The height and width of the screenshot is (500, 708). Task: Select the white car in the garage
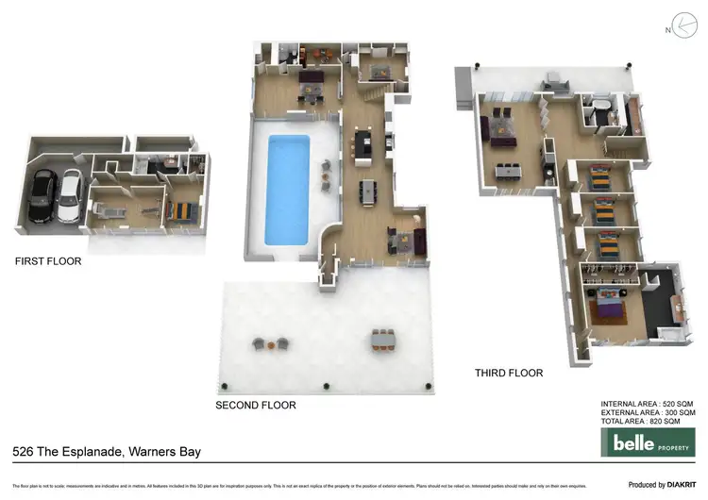click(69, 196)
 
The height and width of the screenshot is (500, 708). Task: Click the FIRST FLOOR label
click(47, 261)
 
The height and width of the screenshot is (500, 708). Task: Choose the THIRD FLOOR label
click(509, 374)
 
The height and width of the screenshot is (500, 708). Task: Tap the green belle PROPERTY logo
click(648, 441)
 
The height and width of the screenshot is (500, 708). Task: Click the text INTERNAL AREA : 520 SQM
click(648, 404)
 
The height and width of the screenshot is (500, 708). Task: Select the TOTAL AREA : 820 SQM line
click(648, 422)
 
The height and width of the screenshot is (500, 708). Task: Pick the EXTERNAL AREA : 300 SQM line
click(648, 413)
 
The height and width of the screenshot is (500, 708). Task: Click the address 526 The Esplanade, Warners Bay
click(107, 453)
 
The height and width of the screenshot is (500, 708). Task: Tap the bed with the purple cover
click(609, 307)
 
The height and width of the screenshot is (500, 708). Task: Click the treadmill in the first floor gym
click(106, 206)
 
